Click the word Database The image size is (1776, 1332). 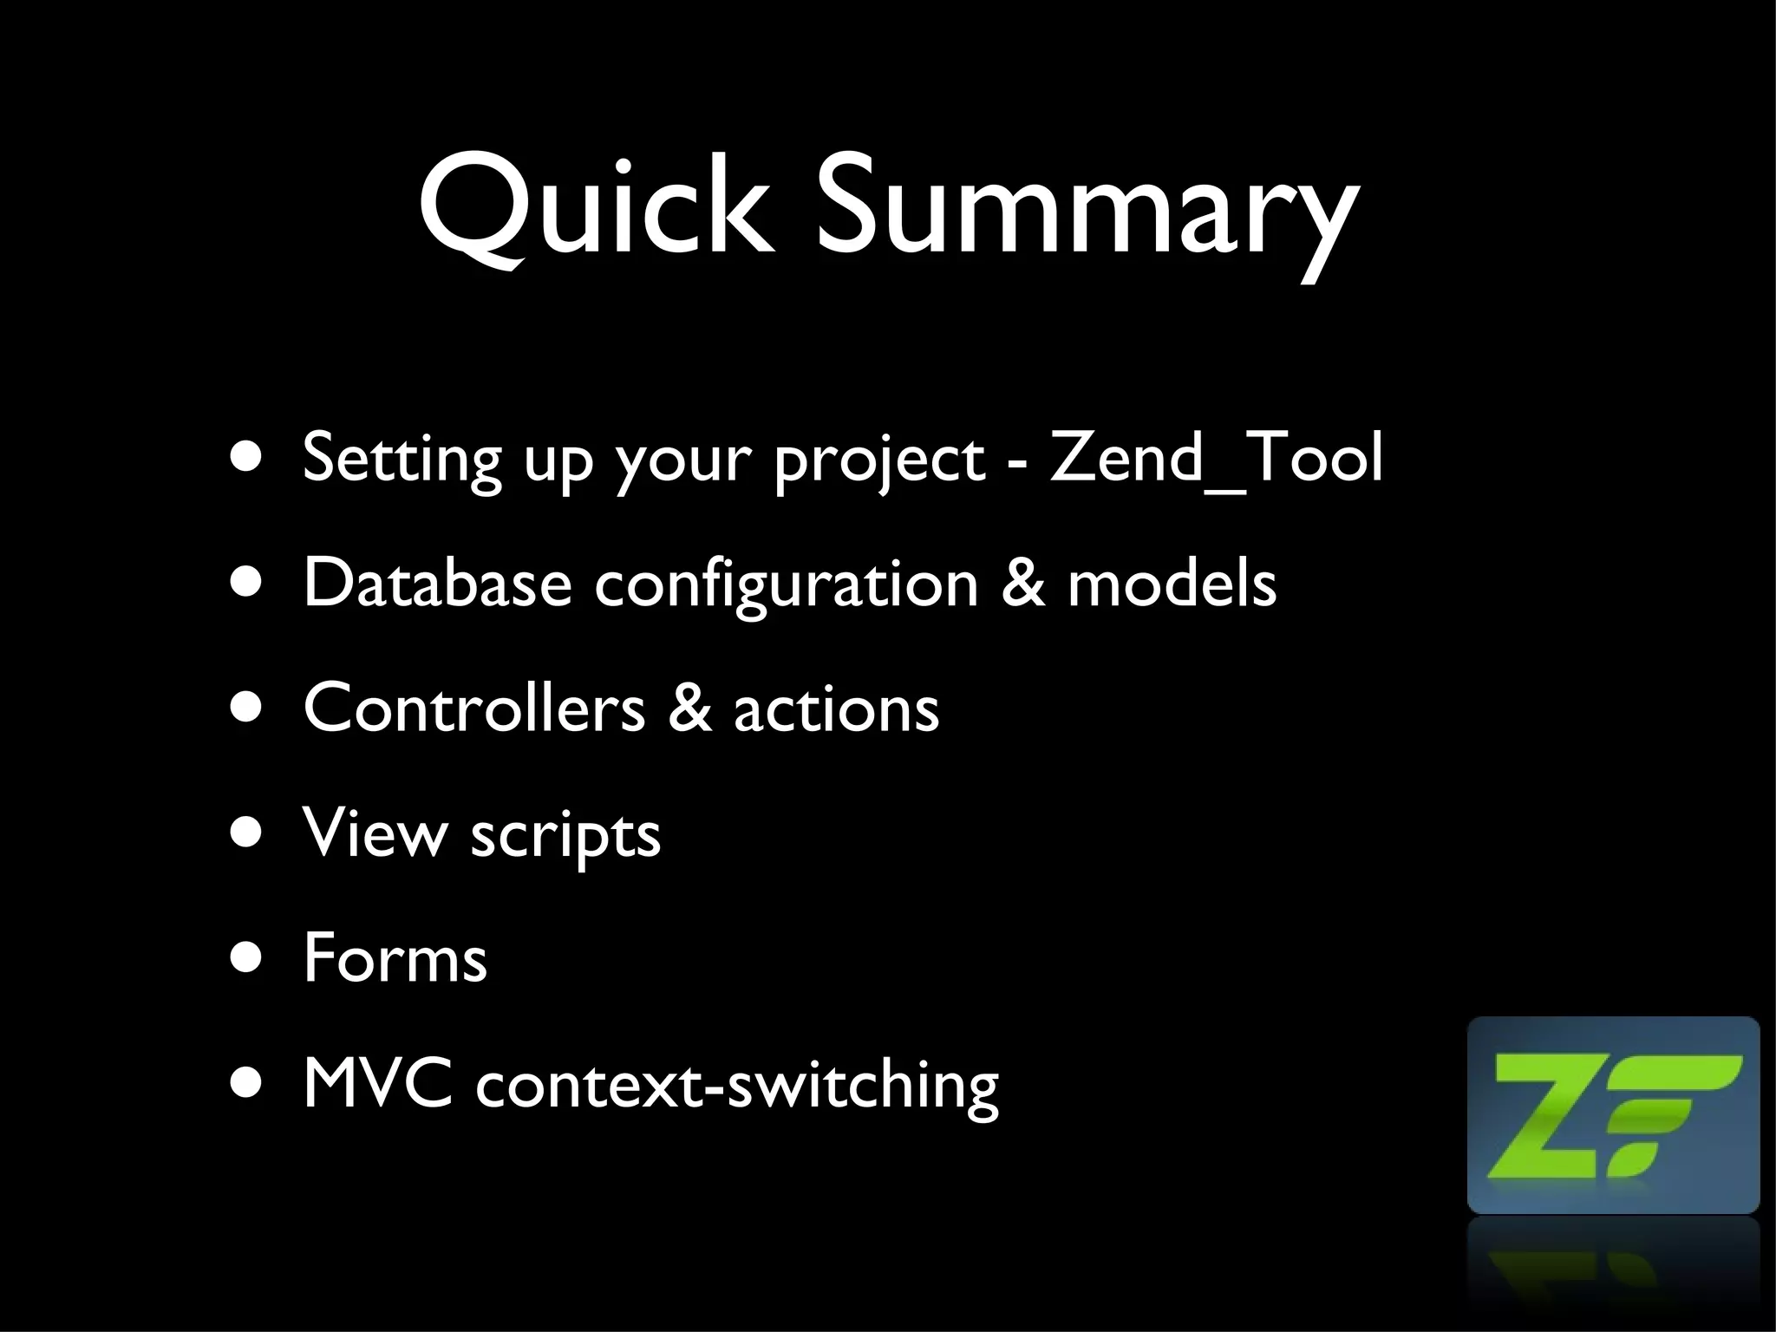pyautogui.click(x=438, y=583)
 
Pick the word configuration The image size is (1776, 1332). pyautogui.click(x=786, y=585)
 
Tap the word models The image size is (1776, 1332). pyautogui.click(x=1172, y=583)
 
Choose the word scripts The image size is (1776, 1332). pyautogui.click(x=565, y=837)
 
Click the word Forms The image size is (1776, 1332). pyautogui.click(x=395, y=957)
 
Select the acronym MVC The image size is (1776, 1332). pyautogui.click(x=377, y=1083)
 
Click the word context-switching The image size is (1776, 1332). pyautogui.click(x=737, y=1086)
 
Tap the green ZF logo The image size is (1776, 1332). pyautogui.click(x=1613, y=1114)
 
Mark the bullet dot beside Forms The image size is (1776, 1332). pyautogui.click(x=246, y=960)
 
